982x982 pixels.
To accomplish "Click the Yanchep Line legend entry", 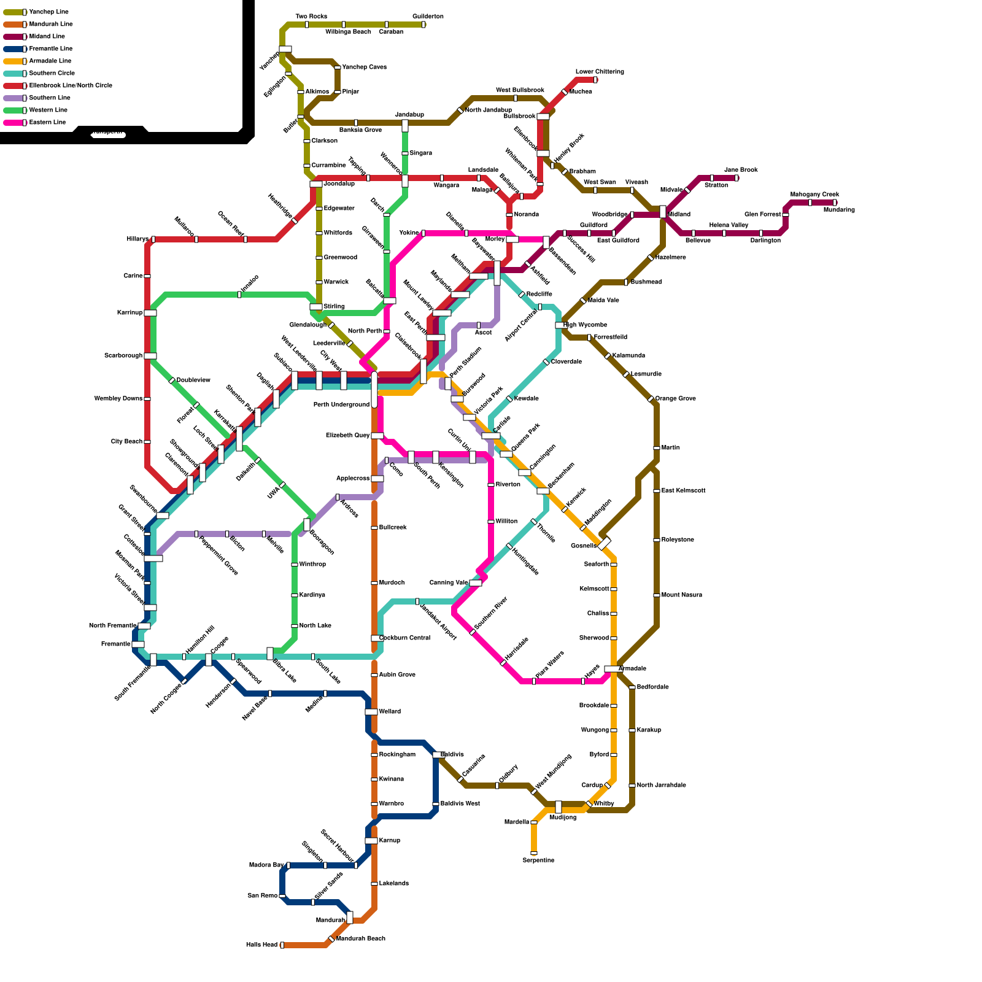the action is [48, 12].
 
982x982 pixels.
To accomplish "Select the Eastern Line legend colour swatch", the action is [15, 123].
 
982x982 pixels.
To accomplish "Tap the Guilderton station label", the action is [428, 17].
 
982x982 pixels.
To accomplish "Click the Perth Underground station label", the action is [341, 405].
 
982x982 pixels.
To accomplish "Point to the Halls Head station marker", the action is [282, 945].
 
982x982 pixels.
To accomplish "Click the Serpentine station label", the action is [538, 860].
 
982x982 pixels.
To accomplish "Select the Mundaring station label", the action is [839, 210].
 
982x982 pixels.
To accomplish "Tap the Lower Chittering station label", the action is [600, 72].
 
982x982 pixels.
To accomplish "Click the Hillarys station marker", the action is [153, 239].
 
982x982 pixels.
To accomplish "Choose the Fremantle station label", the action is [116, 644].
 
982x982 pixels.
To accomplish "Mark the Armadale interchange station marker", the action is [613, 669].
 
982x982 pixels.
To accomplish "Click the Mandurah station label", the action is [330, 921].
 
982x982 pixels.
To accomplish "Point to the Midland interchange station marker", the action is [663, 212].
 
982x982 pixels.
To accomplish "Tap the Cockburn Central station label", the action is [404, 638].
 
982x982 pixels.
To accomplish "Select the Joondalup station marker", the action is [316, 184].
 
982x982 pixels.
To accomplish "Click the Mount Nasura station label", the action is [681, 595].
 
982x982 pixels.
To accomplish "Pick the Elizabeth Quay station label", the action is [347, 436].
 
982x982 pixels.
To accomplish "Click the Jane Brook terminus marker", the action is [736, 178].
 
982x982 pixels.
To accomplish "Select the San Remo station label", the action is [263, 896].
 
